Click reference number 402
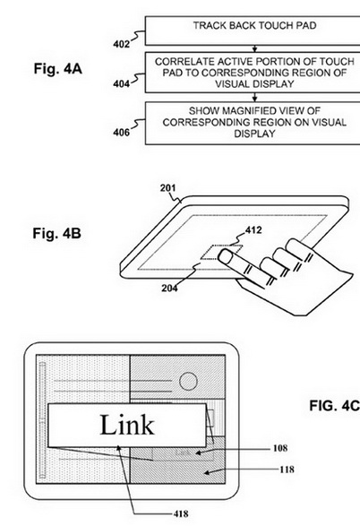[121, 44]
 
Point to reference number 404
[121, 83]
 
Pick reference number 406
[121, 133]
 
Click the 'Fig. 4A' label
[57, 69]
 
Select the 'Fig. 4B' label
[57, 233]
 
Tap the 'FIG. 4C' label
[334, 406]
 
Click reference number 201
[167, 188]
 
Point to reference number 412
[253, 230]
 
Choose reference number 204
[169, 289]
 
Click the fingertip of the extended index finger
[224, 256]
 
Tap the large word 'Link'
[127, 425]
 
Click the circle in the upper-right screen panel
[188, 381]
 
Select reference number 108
[280, 448]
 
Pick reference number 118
[287, 470]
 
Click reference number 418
[181, 513]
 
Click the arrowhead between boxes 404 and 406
[254, 99]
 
